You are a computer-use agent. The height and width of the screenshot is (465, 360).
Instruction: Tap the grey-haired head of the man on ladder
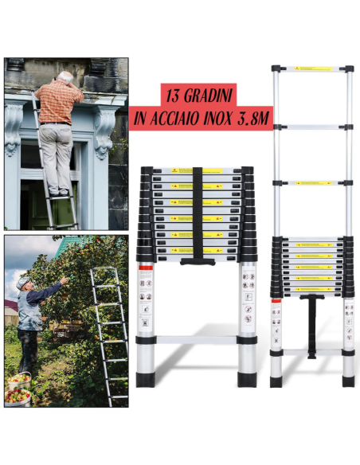point(65,77)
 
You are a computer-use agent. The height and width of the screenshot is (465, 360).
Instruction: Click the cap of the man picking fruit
point(22,283)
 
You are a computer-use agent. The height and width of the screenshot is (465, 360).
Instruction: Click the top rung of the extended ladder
point(311,69)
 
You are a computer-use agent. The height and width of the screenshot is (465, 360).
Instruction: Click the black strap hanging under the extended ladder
point(311,326)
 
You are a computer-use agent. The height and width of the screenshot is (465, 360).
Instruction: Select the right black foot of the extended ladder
point(349,381)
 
